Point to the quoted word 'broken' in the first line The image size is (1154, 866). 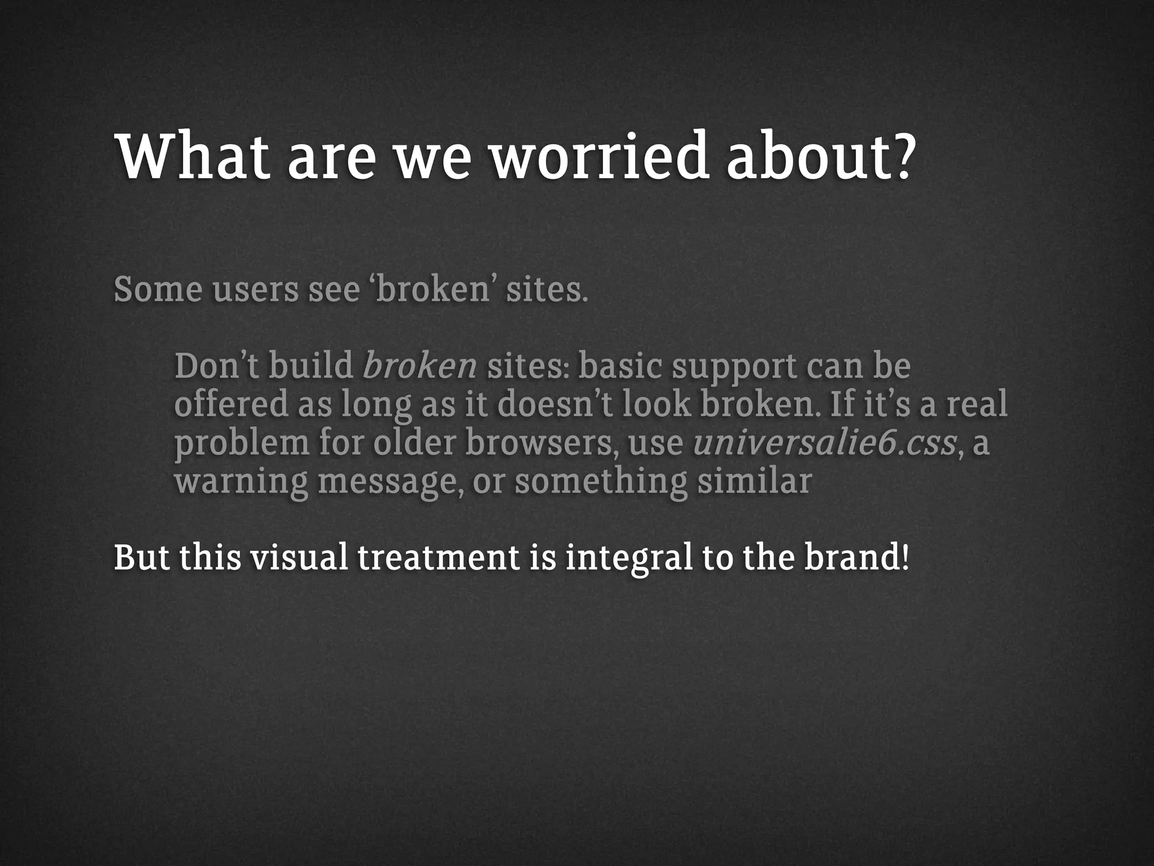[x=432, y=289]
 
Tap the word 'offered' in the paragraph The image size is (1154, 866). [x=231, y=404]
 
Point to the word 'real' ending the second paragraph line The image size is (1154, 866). [x=977, y=404]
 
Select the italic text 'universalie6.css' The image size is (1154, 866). [x=824, y=443]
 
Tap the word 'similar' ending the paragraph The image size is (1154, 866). [x=754, y=481]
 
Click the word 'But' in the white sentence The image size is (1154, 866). [x=141, y=558]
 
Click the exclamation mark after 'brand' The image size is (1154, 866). [x=905, y=558]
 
